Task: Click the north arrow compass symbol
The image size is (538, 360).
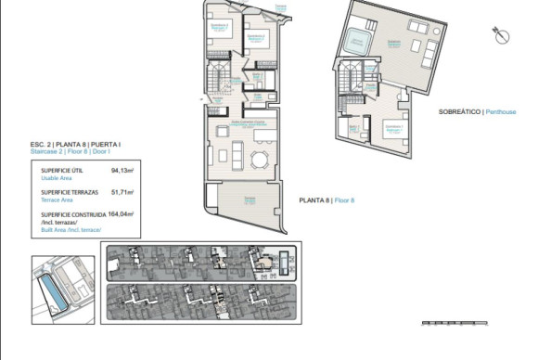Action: (503, 37)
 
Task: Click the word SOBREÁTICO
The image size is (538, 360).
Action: (459, 111)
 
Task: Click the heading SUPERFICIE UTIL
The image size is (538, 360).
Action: (63, 171)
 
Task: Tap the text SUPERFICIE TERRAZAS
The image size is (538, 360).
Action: (70, 192)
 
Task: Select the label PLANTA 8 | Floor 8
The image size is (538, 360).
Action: (327, 200)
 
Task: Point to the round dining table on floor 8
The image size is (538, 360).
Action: (258, 160)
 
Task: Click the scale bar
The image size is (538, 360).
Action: (455, 322)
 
